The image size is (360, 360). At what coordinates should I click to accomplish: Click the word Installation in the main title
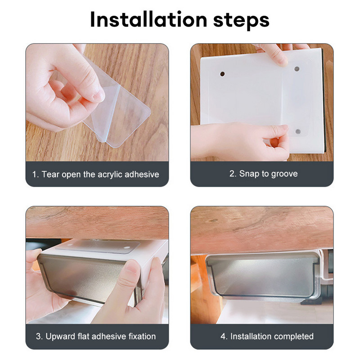point(149,19)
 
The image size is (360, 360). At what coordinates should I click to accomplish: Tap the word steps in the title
point(241,21)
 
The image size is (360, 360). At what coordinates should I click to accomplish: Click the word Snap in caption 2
point(249,174)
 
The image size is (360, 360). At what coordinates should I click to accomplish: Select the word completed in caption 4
point(294,336)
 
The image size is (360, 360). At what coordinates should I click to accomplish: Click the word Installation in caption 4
point(251,336)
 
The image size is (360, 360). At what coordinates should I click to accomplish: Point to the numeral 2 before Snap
point(232,174)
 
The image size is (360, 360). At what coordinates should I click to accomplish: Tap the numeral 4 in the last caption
point(223,336)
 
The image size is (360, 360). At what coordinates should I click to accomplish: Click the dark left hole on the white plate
point(222,74)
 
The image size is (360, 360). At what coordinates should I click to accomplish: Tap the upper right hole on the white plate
point(297,69)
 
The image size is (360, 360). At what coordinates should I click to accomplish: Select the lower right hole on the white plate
point(298,131)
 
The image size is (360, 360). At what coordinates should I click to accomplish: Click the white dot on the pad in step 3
point(126,248)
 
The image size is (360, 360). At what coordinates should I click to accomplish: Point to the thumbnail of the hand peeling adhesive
point(97,103)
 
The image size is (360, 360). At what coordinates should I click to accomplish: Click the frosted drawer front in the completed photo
point(263,275)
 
